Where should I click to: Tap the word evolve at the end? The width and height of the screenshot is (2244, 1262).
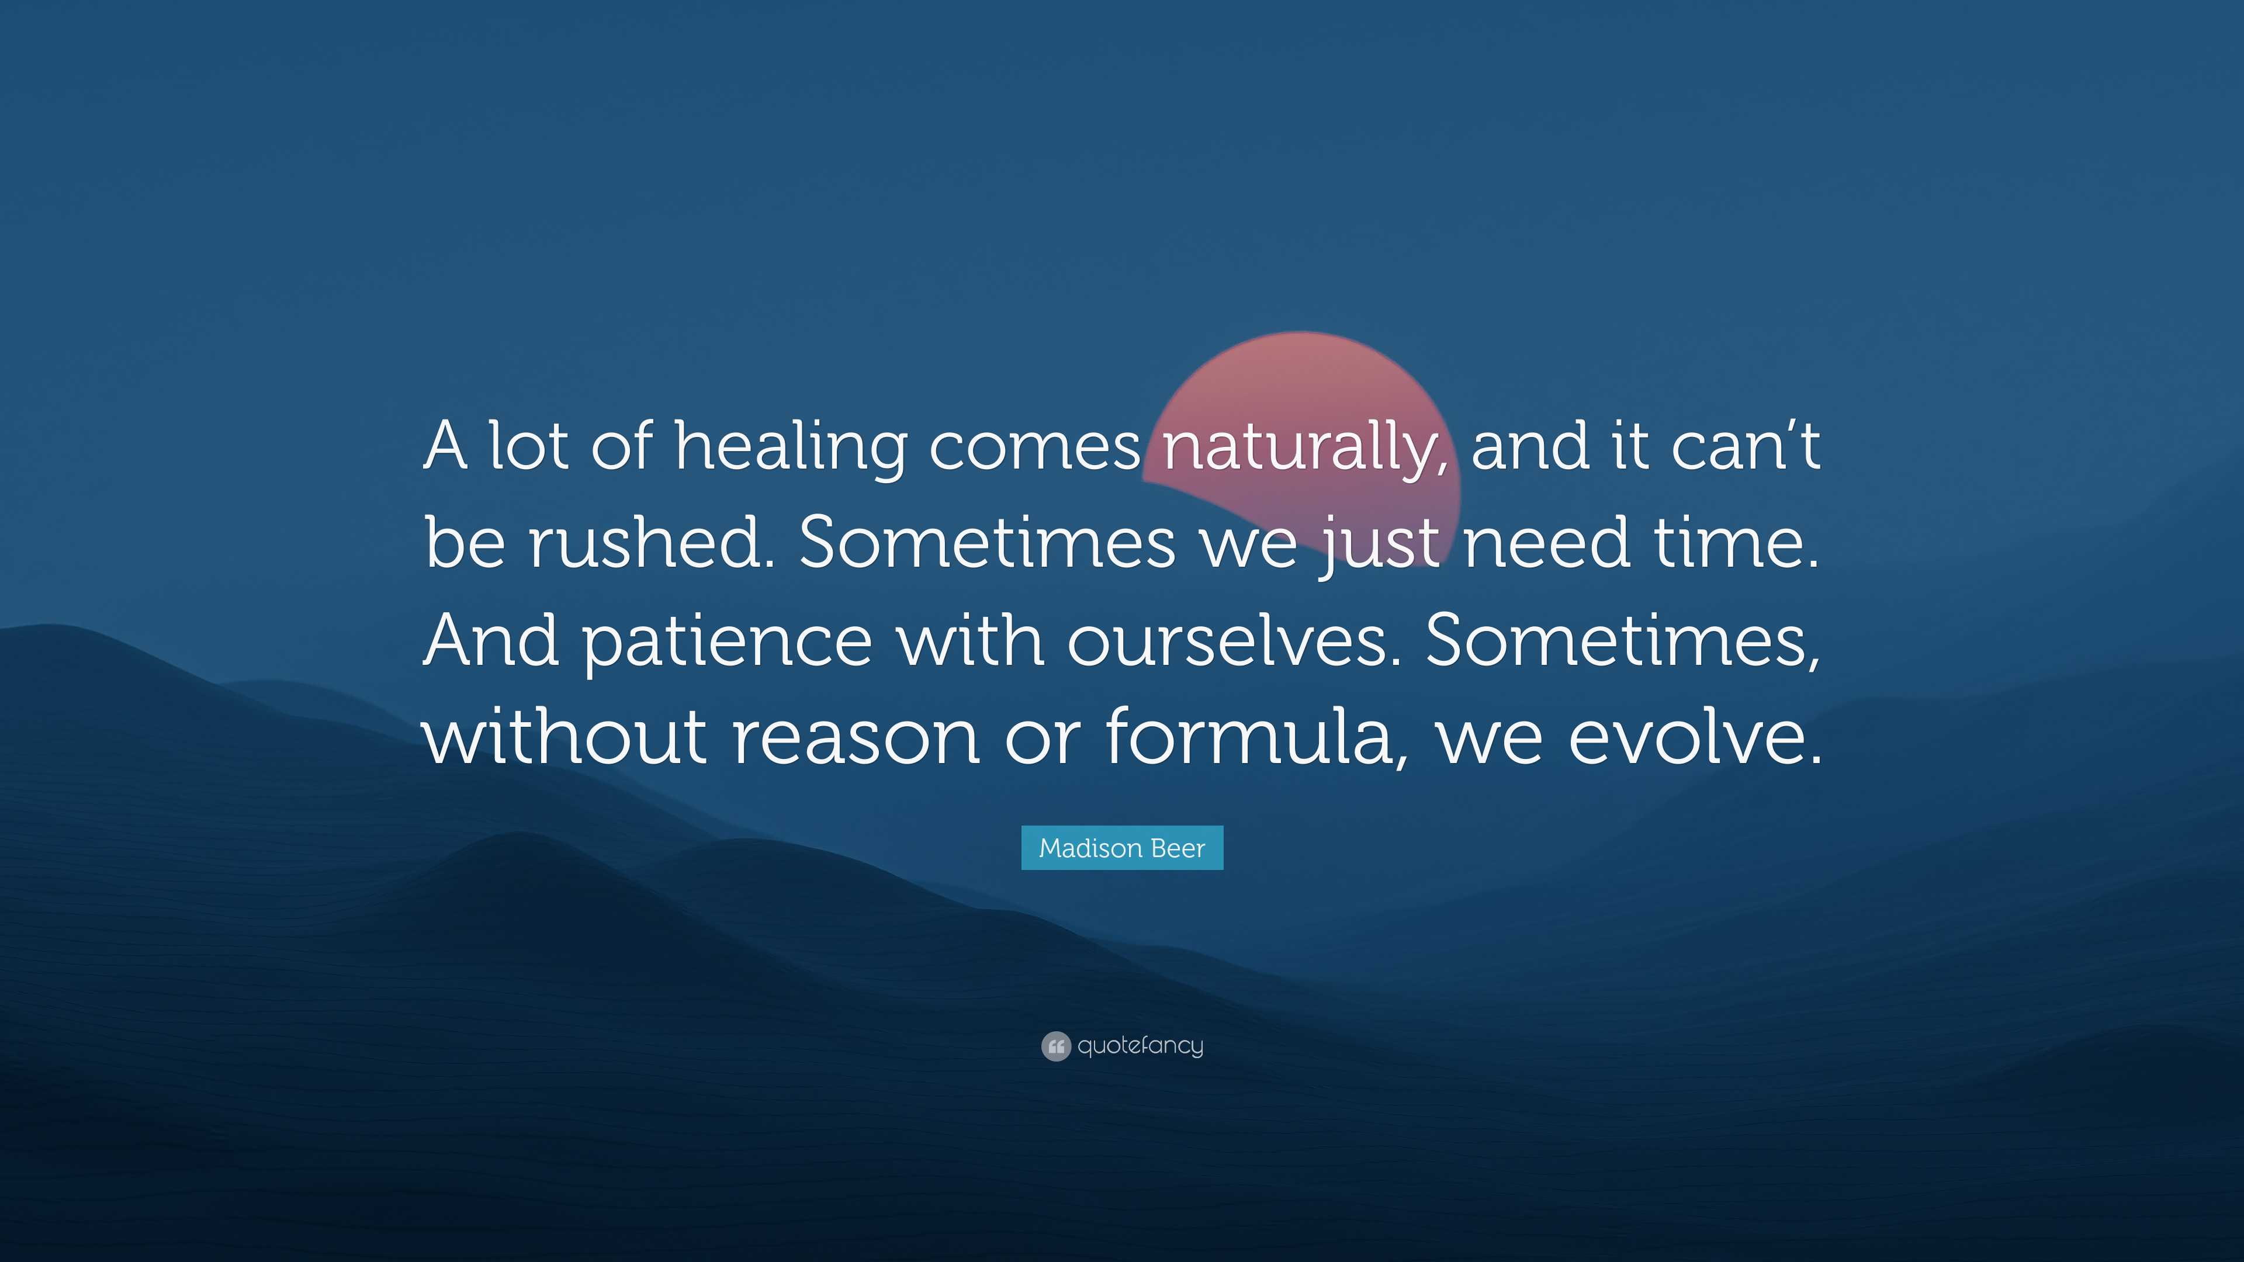(x=1694, y=736)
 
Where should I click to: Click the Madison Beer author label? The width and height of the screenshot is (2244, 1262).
(x=1122, y=847)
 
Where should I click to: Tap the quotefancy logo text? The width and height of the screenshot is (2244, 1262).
(x=1140, y=1045)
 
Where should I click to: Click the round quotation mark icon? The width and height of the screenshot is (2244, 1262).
(x=1056, y=1046)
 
